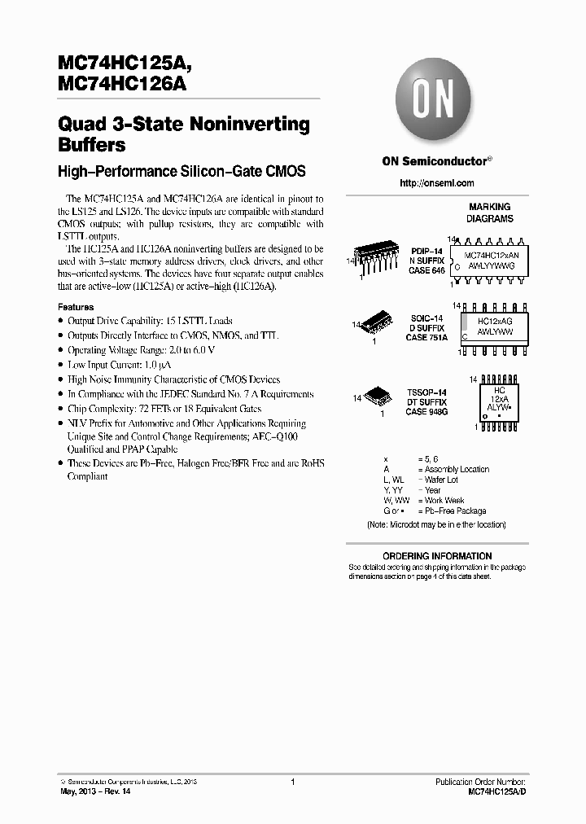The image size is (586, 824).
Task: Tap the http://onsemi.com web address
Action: (x=437, y=183)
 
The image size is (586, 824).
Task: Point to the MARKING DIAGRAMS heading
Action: (x=489, y=213)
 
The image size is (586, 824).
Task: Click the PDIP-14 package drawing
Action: (x=376, y=258)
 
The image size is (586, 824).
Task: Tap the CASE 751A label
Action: (x=426, y=337)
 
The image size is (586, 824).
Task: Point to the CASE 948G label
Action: (x=426, y=412)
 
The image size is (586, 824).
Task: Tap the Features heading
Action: (x=76, y=307)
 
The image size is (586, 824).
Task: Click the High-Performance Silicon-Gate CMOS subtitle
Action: (x=181, y=172)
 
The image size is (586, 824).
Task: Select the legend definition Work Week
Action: (x=444, y=501)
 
